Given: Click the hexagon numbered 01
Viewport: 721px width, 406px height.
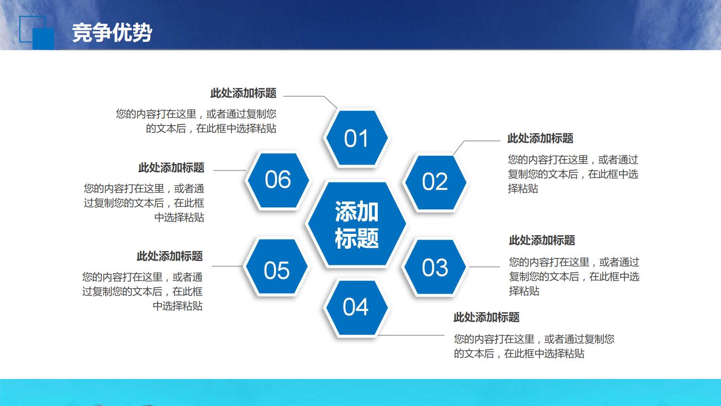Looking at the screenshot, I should (356, 139).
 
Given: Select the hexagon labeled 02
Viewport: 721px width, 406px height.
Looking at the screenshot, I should (435, 182).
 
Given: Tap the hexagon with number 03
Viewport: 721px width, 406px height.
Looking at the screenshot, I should (435, 267).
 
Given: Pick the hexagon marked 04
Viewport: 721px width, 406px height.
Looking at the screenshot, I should (356, 307).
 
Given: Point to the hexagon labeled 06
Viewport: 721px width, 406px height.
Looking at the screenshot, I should (278, 180).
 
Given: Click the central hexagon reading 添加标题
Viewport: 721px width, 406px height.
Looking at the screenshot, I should (356, 225).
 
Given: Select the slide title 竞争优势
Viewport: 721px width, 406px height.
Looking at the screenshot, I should (112, 33).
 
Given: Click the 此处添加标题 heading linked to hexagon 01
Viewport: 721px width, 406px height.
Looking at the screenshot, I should (243, 93).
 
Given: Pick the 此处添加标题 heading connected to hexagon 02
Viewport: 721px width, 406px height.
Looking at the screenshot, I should (540, 139).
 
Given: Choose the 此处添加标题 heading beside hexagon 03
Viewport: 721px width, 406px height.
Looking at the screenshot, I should (542, 240).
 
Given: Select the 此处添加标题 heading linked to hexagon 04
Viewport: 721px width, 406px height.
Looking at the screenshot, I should (486, 317).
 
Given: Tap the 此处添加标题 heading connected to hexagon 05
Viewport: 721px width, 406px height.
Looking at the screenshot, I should (170, 256).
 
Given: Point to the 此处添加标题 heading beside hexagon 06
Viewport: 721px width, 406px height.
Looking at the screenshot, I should (171, 167).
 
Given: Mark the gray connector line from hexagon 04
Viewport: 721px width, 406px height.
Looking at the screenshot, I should (413, 335).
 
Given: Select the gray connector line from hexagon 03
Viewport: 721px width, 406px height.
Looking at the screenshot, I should (485, 266).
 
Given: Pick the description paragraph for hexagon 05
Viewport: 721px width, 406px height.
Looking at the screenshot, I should (142, 291).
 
